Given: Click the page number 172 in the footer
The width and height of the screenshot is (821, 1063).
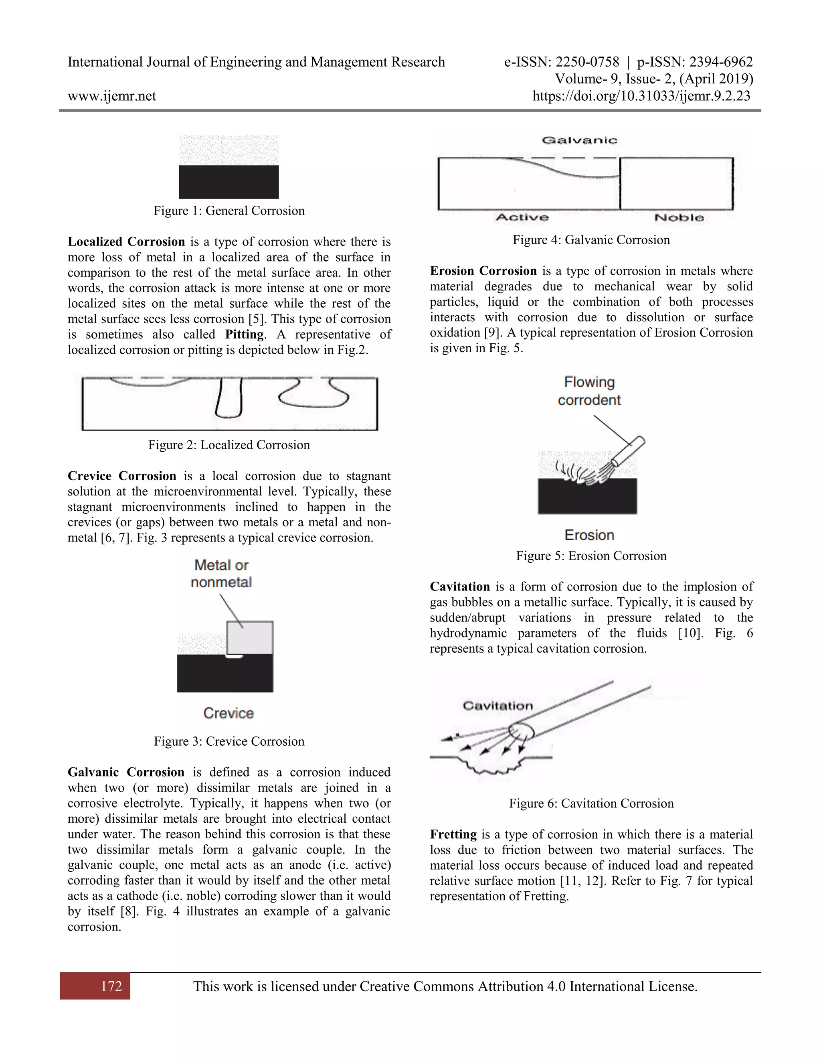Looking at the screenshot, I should tap(111, 986).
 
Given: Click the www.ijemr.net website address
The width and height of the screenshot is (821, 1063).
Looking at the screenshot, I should tap(112, 96).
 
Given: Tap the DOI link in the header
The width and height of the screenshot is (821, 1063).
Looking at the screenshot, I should tap(641, 96).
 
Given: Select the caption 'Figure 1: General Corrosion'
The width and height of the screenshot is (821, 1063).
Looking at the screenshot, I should tap(229, 211).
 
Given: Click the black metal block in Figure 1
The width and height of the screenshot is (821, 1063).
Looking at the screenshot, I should tap(229, 182).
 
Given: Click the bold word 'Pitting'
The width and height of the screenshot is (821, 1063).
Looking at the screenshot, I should tap(244, 335).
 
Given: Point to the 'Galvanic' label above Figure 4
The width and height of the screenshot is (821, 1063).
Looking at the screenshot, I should tap(579, 141).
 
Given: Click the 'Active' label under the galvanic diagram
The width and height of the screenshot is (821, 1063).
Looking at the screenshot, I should tap(522, 217).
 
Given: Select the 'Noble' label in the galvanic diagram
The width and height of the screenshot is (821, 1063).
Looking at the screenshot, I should tap(679, 217).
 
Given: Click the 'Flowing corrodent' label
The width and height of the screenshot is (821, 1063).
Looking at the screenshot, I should tap(589, 391).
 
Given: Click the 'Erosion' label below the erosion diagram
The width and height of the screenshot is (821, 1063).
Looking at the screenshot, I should tap(589, 535).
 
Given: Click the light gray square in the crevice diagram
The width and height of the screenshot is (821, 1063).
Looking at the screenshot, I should tap(250, 637).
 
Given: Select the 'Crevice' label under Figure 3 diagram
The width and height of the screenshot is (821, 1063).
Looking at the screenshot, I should tap(229, 713).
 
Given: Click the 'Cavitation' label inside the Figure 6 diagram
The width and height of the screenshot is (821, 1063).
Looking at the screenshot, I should tap(497, 706).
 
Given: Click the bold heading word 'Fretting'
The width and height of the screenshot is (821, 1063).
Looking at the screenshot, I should tap(453, 834).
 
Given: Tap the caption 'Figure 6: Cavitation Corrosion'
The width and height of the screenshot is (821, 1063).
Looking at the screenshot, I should tap(591, 803).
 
